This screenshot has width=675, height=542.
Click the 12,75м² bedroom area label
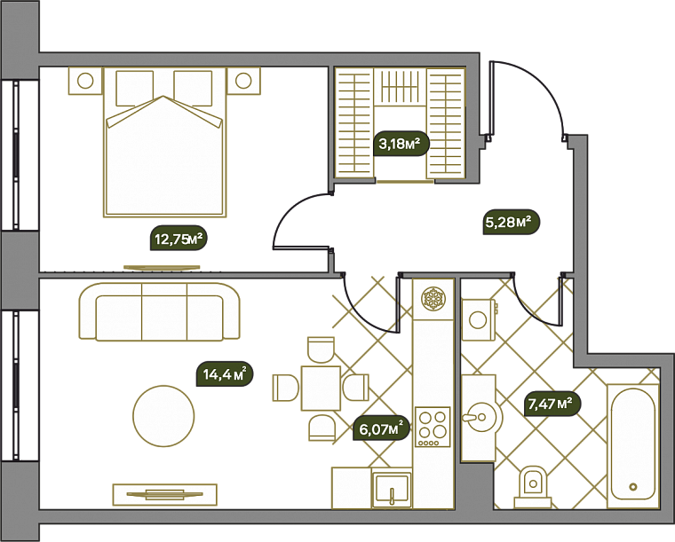point(179,238)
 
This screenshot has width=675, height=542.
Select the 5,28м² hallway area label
point(510,222)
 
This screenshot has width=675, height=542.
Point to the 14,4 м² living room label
point(225,373)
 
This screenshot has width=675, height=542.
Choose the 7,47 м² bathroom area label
point(552,404)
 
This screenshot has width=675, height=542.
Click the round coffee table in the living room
point(163,416)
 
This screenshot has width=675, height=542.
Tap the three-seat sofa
point(159,312)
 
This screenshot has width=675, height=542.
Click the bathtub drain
point(632,487)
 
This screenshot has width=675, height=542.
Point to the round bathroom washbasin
point(482,416)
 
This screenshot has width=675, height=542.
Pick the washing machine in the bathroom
point(479,319)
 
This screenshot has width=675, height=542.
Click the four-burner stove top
point(433,427)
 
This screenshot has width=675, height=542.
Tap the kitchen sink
point(392,488)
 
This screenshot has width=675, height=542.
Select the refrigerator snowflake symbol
point(434,298)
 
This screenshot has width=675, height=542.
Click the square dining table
point(322,389)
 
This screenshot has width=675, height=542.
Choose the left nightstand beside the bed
point(85,81)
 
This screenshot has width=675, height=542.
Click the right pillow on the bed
point(193,89)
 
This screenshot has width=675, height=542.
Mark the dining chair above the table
point(322,350)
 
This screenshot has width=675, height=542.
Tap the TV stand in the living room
point(165,494)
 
